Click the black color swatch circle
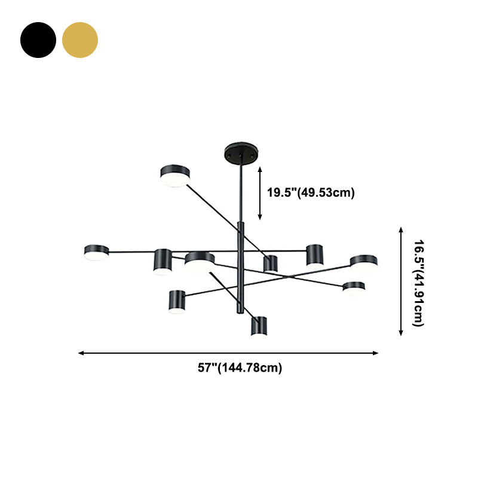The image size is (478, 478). (x=38, y=40)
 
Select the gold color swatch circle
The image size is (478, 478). (x=80, y=40)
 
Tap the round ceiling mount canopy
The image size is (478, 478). (x=241, y=153)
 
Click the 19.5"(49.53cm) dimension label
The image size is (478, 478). (x=311, y=192)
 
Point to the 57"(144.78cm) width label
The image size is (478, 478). (x=240, y=367)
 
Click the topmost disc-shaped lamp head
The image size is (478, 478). (x=175, y=176)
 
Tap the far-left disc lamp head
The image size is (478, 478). (x=96, y=253)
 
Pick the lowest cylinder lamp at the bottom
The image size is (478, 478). (x=259, y=326)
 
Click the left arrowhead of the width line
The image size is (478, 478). (x=81, y=353)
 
